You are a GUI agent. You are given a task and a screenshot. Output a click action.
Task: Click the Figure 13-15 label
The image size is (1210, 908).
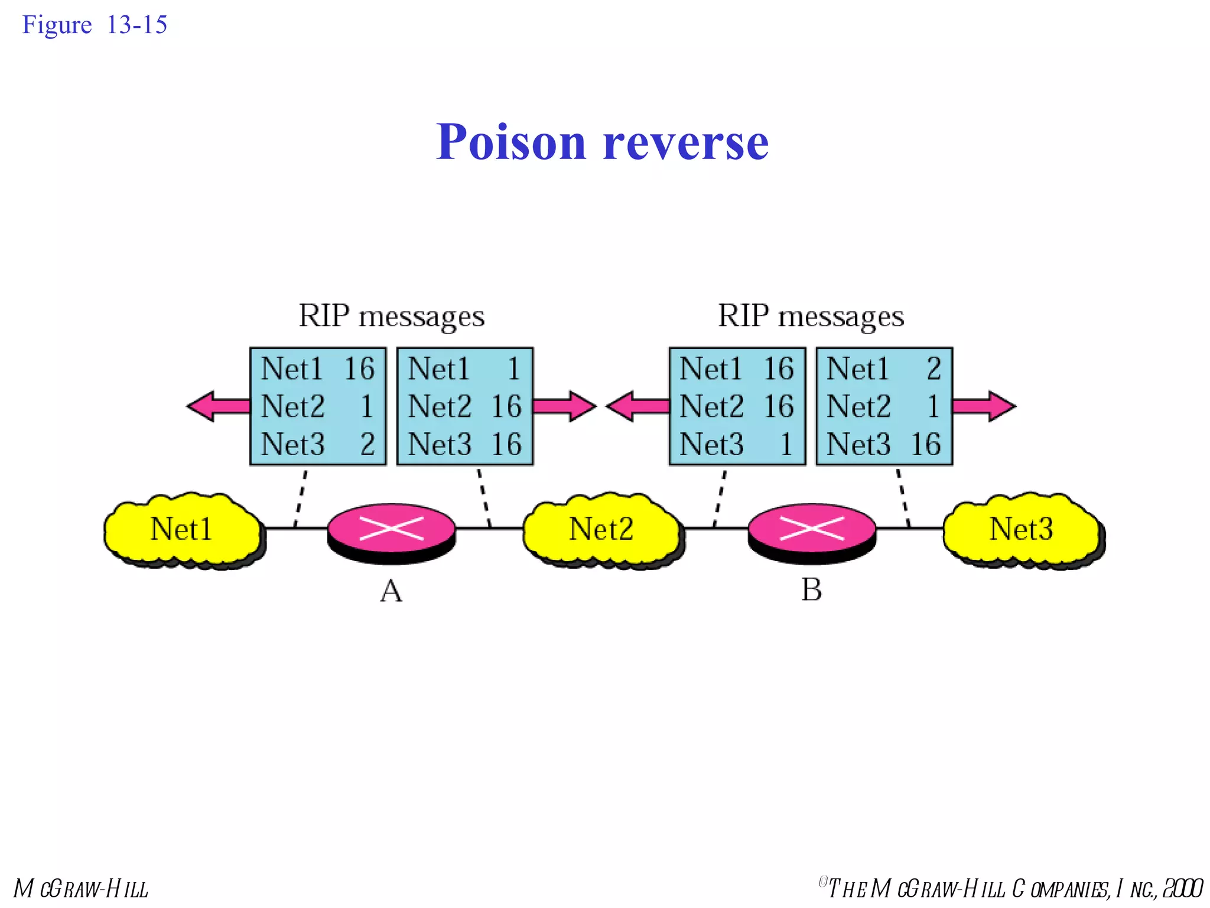(95, 25)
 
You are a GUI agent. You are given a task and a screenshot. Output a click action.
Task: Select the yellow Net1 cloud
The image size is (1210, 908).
(181, 529)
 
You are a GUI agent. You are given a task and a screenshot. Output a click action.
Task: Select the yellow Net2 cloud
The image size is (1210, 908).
(601, 529)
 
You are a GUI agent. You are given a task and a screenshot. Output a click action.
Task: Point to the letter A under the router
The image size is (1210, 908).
(391, 591)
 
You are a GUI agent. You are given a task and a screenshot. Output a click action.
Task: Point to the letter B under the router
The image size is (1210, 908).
(811, 589)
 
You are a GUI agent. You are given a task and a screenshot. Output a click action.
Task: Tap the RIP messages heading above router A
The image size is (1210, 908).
(391, 316)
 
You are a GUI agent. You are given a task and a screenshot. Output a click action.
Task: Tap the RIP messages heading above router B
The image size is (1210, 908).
(811, 316)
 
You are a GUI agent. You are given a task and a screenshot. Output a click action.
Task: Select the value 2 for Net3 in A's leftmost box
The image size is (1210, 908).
(367, 445)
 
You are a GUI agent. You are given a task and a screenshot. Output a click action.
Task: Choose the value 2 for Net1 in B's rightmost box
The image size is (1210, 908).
(933, 369)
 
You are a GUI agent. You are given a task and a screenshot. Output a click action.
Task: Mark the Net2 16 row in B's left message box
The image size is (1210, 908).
(737, 407)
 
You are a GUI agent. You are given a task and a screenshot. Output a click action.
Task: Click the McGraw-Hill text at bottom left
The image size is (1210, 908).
(81, 889)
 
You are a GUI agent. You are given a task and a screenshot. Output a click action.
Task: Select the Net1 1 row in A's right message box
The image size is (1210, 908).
(464, 369)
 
